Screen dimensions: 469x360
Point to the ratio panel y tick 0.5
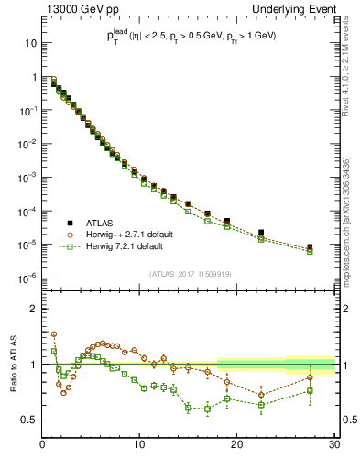(x=29, y=420)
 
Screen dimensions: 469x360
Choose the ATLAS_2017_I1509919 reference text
(x=190, y=273)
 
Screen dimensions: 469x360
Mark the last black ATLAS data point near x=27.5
(x=310, y=247)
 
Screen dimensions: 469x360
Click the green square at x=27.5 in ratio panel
(x=310, y=390)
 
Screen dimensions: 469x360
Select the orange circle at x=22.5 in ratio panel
(x=261, y=395)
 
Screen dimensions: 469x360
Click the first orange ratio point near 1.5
(x=54, y=334)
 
